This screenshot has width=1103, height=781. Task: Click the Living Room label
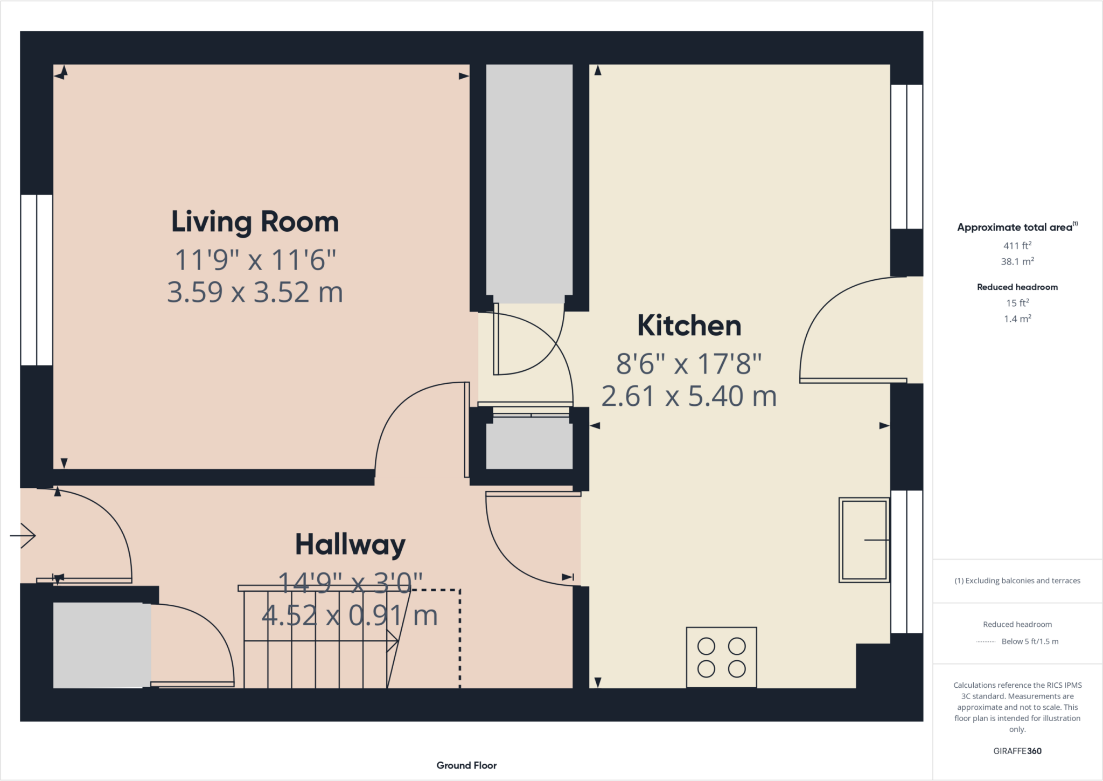point(255,222)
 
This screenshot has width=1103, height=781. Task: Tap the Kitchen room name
point(689,326)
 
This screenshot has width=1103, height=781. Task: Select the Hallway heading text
point(350,544)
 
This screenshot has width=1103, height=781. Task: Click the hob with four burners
point(721,657)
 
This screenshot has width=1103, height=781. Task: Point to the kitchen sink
point(864,540)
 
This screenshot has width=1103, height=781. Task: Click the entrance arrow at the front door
point(23,536)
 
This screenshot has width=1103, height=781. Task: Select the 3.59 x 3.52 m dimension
point(255,292)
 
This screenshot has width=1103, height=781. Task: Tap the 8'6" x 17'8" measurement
point(689,364)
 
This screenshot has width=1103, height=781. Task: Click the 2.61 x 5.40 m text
point(689,396)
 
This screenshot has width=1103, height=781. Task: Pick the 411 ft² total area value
point(1017,245)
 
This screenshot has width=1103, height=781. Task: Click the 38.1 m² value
point(1017,261)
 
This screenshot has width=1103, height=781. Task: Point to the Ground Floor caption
point(466,765)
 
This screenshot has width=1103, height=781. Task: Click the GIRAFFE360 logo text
point(1017,751)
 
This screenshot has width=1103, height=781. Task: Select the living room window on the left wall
point(37,280)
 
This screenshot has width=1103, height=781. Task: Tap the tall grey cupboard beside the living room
point(529,183)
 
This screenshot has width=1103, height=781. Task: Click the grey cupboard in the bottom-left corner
point(101,645)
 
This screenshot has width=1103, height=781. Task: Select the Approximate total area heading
point(1017,227)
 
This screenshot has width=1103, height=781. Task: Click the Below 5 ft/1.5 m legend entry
point(1029,641)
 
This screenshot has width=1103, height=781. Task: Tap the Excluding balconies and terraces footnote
point(1017,580)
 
